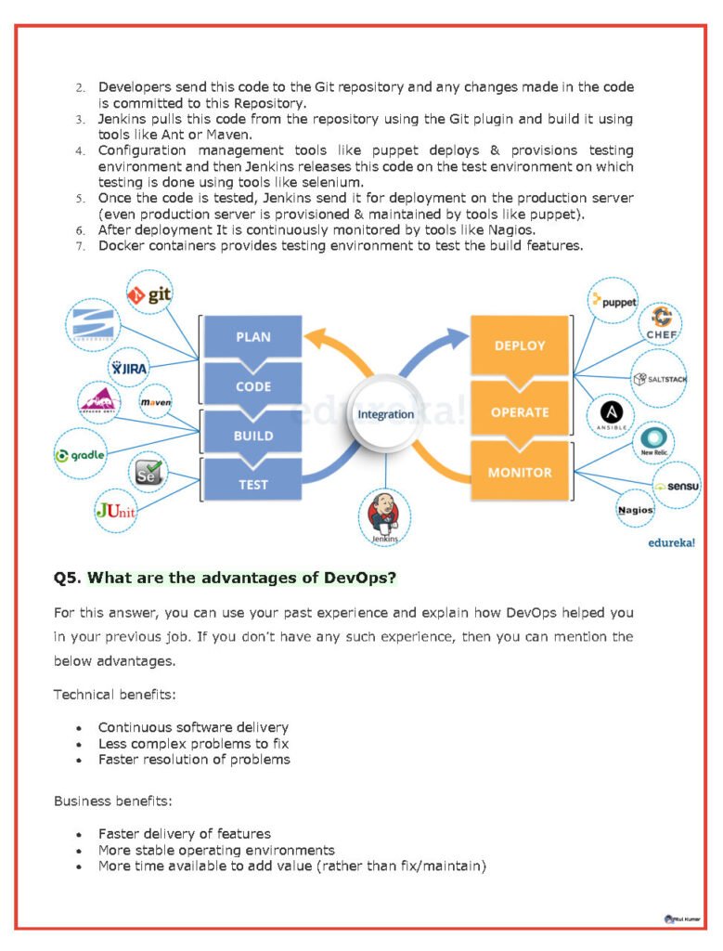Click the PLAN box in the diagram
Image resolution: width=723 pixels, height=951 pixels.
pos(252,337)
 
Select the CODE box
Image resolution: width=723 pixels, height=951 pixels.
pos(252,386)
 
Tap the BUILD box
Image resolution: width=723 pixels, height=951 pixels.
pos(252,435)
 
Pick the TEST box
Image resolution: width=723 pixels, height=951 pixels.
pos(252,484)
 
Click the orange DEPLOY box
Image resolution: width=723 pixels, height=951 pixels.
pos(520,345)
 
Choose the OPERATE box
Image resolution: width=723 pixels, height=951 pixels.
pos(520,411)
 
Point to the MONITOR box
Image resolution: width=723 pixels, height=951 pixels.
pos(520,472)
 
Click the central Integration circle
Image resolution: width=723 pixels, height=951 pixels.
pos(385,414)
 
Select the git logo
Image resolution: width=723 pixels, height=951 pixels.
pos(150,295)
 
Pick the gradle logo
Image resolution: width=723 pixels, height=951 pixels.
pos(81,455)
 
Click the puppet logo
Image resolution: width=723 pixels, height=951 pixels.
pos(614,301)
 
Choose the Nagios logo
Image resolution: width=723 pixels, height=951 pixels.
pos(636,509)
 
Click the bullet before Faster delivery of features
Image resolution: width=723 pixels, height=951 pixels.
pos(79,835)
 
